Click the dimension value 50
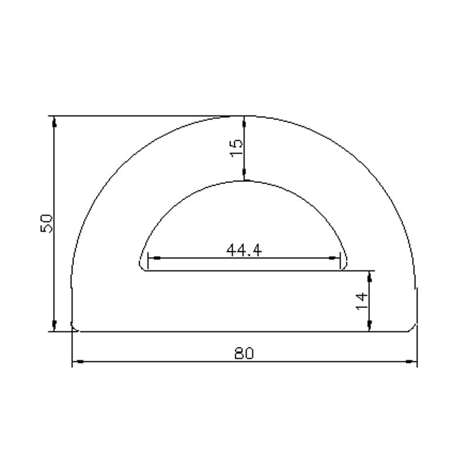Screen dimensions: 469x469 (x=47, y=223)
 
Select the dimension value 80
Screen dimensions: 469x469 (x=244, y=354)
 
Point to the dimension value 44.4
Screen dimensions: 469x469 (x=244, y=250)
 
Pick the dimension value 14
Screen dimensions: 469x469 (x=362, y=301)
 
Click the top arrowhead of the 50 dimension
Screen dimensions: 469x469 (x=55, y=121)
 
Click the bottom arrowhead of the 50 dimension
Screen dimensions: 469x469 (x=55, y=327)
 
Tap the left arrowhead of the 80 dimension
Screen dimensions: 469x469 (x=77, y=362)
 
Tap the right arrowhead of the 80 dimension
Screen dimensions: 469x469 (x=412, y=362)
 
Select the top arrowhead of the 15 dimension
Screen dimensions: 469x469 (x=244, y=121)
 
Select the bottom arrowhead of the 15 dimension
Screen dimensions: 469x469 (x=244, y=176)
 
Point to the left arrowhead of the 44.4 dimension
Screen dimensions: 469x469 (x=152, y=258)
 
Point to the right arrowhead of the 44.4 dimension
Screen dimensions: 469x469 (x=336, y=258)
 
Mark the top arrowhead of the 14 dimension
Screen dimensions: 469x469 (x=370, y=275)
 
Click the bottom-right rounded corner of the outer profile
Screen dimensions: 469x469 (x=414, y=327)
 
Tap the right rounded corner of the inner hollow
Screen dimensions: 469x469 (x=345, y=265)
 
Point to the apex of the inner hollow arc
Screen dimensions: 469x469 (x=244, y=181)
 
